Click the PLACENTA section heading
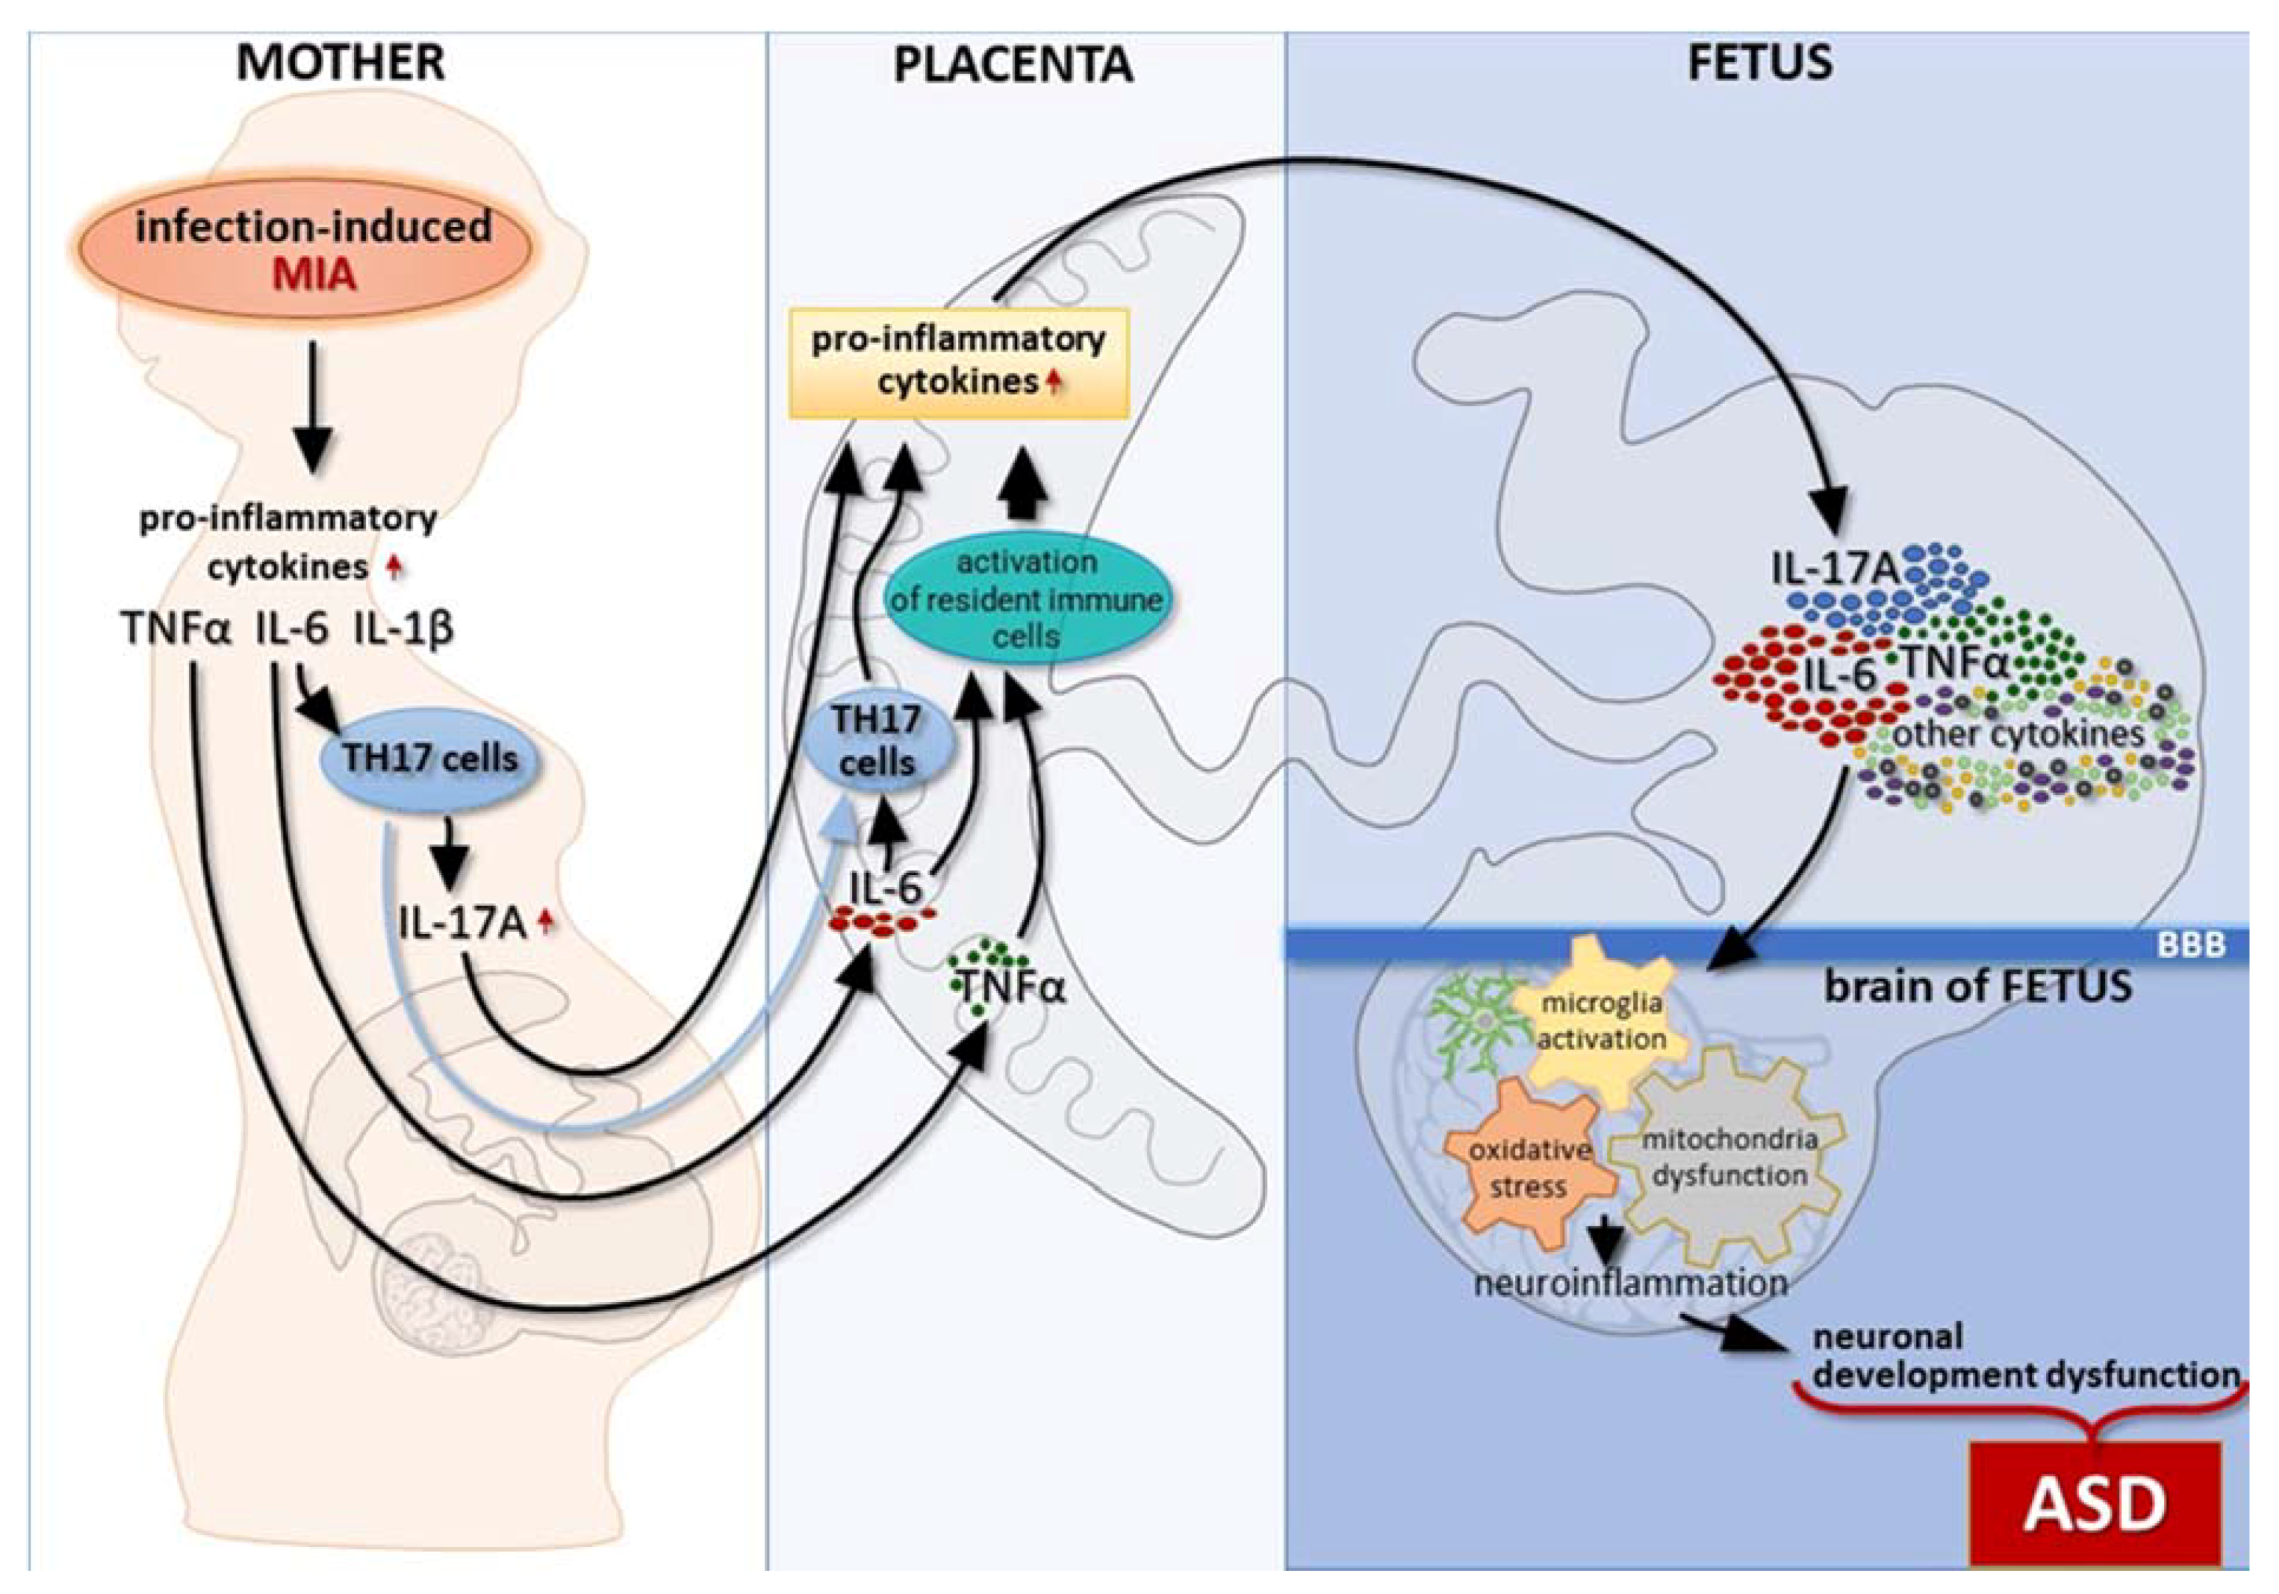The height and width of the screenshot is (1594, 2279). [1013, 66]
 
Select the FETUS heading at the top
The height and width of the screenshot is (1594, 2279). [1760, 63]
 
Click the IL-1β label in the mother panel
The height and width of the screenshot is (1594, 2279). [404, 629]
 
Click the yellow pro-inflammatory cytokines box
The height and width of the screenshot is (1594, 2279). [959, 362]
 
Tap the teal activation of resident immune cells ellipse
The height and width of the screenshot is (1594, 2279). [1027, 599]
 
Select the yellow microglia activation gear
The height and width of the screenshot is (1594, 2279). [1600, 1023]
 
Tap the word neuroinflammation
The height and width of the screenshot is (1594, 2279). [1631, 1284]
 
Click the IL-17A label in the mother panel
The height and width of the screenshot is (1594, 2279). [462, 924]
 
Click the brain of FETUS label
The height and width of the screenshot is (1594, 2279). [1978, 987]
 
